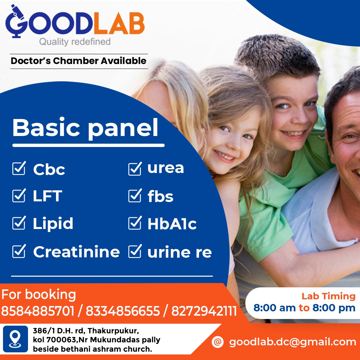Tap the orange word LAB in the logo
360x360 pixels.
coord(119,23)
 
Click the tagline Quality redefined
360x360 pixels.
coord(75,42)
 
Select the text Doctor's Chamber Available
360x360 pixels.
coord(79,61)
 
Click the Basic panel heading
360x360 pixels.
coord(85,128)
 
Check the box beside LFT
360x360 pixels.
coord(19,195)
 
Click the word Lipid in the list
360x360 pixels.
coord(53,223)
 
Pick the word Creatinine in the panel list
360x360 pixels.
coord(76,252)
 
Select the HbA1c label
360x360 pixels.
coord(172,224)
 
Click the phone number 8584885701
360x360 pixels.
coord(38,311)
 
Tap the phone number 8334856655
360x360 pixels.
coord(123,311)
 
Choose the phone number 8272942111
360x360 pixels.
coord(204,311)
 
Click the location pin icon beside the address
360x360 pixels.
coord(15,339)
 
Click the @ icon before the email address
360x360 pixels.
coord(217,342)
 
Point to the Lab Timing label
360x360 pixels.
coord(328,296)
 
